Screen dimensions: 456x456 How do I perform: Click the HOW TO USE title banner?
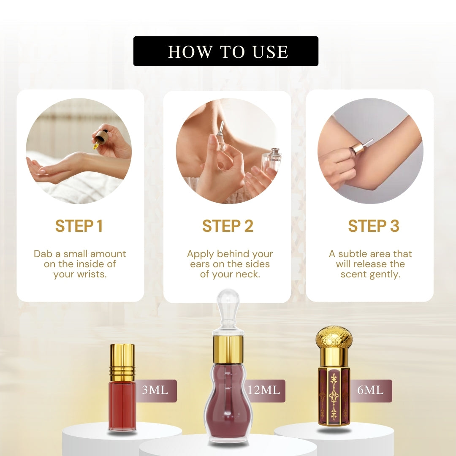225,51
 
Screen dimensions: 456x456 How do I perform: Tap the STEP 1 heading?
79,226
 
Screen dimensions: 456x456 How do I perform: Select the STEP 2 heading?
228,226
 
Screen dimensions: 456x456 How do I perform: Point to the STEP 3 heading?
373,226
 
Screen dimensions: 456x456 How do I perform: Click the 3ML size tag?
156,391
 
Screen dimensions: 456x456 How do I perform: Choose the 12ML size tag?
265,391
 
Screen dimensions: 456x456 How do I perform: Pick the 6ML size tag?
371,391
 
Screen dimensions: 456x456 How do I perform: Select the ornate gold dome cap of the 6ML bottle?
334,338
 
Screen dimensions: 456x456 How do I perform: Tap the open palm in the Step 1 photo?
43,168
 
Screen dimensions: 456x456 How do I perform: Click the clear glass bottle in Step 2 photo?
269,161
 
